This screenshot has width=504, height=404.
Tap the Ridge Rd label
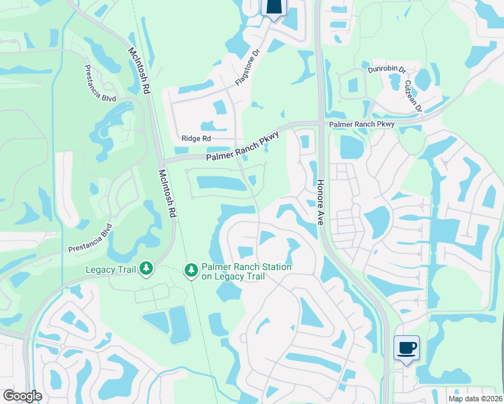click(196, 139)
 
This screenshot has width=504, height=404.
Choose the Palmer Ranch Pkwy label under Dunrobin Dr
click(361, 125)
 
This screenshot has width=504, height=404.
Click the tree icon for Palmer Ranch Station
click(191, 270)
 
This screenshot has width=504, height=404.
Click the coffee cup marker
click(406, 348)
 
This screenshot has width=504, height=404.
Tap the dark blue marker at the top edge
click(274, 7)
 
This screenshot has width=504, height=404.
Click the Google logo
click(22, 396)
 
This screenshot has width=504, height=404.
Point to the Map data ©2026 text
click(474, 399)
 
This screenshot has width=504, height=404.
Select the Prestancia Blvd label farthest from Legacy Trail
click(100, 83)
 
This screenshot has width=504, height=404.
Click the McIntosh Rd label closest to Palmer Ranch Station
click(167, 193)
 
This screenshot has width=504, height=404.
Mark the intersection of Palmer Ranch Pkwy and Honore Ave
click(320, 124)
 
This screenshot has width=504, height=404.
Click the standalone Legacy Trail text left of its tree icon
click(111, 270)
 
